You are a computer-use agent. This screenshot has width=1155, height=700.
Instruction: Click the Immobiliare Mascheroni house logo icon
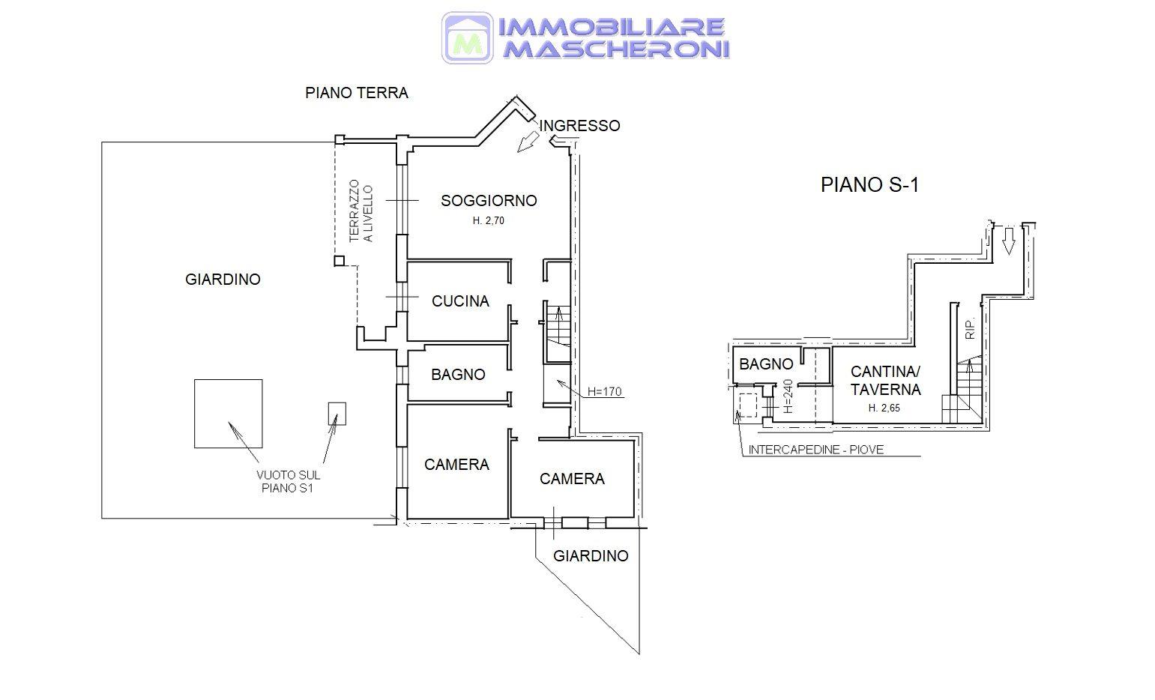[x=467, y=38]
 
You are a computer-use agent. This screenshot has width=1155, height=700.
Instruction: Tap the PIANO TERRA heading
[x=357, y=93]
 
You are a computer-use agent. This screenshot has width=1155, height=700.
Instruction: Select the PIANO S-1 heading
[x=870, y=184]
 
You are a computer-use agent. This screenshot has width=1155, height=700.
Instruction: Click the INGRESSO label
[x=579, y=125]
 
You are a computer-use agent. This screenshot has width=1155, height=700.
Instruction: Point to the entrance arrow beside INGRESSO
[x=528, y=142]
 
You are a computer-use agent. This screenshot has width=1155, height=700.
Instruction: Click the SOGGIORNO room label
[x=489, y=201]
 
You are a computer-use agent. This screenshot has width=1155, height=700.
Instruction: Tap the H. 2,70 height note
[x=488, y=220]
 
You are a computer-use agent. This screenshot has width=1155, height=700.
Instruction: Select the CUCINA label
[x=460, y=301]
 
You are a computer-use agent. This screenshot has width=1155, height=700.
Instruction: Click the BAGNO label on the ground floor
[x=459, y=374]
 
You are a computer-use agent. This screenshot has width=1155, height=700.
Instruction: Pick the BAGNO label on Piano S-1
[x=766, y=364]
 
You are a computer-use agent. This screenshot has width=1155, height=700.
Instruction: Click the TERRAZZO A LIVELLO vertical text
[x=361, y=211]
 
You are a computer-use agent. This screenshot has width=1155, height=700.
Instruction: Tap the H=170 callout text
[x=605, y=391]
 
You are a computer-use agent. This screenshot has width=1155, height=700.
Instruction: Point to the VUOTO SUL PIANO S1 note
[x=288, y=481]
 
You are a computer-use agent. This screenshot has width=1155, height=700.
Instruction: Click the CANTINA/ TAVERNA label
[x=885, y=381]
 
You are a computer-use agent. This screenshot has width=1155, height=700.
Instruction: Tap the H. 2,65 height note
[x=884, y=408]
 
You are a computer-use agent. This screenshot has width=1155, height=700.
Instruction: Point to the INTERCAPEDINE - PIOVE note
[x=815, y=450]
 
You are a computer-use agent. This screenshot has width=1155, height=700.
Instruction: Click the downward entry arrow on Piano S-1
[x=1009, y=241]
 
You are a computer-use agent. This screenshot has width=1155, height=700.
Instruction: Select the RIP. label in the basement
[x=970, y=328]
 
